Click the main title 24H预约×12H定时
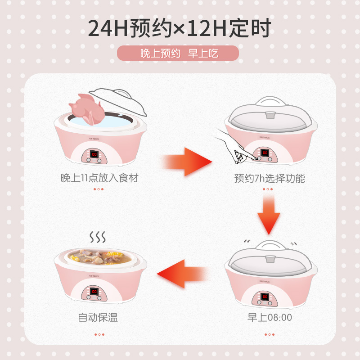click(179, 28)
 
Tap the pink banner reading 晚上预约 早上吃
click(178, 53)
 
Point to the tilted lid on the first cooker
click(118, 101)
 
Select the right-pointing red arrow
click(187, 162)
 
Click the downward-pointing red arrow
click(269, 215)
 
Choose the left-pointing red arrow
click(182, 274)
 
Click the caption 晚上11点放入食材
click(99, 178)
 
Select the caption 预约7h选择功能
click(270, 178)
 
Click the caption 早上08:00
click(270, 318)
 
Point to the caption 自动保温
click(98, 318)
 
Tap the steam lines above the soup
click(98, 237)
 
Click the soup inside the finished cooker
click(98, 256)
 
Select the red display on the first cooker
click(94, 154)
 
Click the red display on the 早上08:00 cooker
click(265, 297)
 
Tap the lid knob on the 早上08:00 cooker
click(270, 259)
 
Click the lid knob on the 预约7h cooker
click(270, 115)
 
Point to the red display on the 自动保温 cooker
click(94, 292)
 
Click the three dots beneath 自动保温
click(99, 334)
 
